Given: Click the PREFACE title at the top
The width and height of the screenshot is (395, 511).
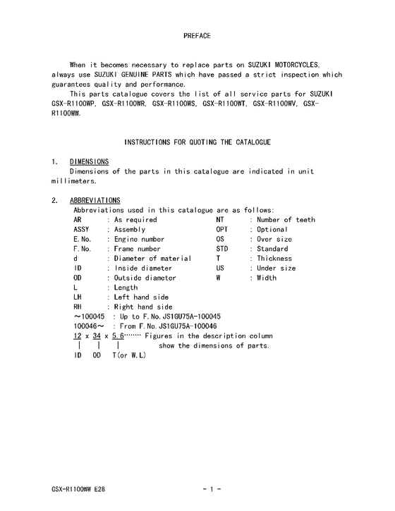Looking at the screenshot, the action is pyautogui.click(x=197, y=35).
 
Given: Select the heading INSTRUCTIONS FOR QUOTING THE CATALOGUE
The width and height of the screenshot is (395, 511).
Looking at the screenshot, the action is pyautogui.click(x=197, y=142).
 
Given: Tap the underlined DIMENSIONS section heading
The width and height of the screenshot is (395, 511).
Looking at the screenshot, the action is pyautogui.click(x=90, y=161).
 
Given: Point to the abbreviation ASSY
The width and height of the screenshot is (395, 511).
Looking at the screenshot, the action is pyautogui.click(x=82, y=229).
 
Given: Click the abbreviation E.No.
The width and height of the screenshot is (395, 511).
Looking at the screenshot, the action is pyautogui.click(x=83, y=239).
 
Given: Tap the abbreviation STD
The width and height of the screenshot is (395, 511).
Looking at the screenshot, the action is pyautogui.click(x=222, y=249).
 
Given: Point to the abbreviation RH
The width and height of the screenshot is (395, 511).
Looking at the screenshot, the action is pyautogui.click(x=78, y=307).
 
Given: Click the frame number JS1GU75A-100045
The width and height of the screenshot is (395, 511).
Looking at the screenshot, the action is pyautogui.click(x=183, y=316).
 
